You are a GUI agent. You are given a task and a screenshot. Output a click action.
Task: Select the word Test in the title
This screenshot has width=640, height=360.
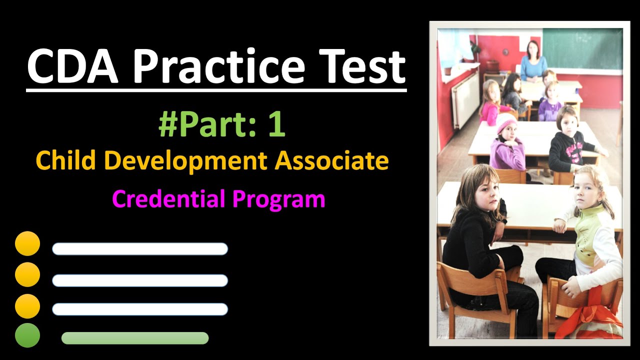point(357,66)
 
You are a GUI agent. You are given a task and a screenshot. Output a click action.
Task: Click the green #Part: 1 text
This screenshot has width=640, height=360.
point(221,125)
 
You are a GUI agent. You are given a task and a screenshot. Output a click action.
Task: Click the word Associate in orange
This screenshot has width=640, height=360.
point(332,160)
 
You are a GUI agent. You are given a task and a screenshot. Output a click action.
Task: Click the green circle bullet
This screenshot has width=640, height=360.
point(27,335)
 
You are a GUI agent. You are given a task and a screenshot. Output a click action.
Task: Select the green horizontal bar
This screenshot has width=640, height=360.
point(135,338)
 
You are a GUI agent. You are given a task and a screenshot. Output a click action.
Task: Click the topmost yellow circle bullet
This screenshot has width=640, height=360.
point(27,243)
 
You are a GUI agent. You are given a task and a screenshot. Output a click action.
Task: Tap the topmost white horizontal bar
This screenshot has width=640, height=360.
point(140,249)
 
